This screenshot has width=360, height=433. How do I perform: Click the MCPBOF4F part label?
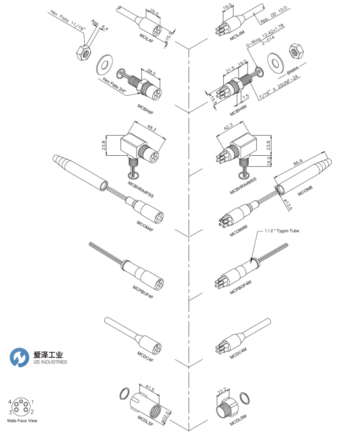pyautogui.click(x=143, y=292)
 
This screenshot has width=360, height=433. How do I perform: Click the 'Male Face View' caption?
pyautogui.click(x=22, y=420)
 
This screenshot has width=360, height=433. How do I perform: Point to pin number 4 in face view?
pyautogui.click(x=10, y=401)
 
